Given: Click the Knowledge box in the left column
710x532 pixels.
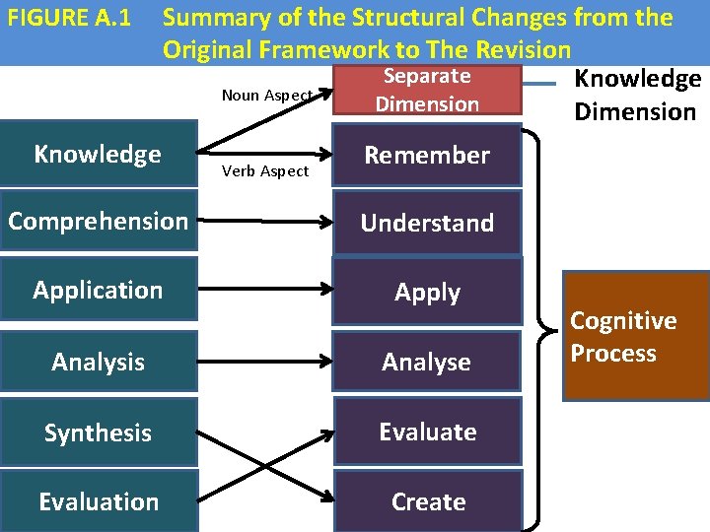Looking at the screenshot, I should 98,155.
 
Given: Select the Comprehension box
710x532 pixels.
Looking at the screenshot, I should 98,221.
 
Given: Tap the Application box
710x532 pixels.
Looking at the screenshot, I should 98,290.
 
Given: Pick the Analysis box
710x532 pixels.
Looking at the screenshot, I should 98,362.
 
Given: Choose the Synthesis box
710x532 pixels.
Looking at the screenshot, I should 98,432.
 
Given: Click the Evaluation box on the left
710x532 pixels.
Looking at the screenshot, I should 98,501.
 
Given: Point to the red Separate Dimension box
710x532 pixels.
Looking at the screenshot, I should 427,90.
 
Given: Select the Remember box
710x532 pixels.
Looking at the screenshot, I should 427,155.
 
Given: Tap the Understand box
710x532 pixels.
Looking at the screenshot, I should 427,223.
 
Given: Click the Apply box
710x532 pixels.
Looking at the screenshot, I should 427,292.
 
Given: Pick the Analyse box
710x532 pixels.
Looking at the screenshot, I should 427,362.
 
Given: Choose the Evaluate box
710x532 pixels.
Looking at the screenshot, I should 427,432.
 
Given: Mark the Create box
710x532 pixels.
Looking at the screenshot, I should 427,501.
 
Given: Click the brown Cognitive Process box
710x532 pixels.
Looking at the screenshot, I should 635,337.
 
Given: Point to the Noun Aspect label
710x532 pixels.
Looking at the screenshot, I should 266,96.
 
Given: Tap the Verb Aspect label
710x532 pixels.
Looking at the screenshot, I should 265,171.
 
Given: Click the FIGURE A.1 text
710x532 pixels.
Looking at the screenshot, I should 68,18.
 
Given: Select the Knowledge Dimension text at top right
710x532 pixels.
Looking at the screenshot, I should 637,95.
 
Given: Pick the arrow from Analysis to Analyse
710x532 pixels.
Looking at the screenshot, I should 264,362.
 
